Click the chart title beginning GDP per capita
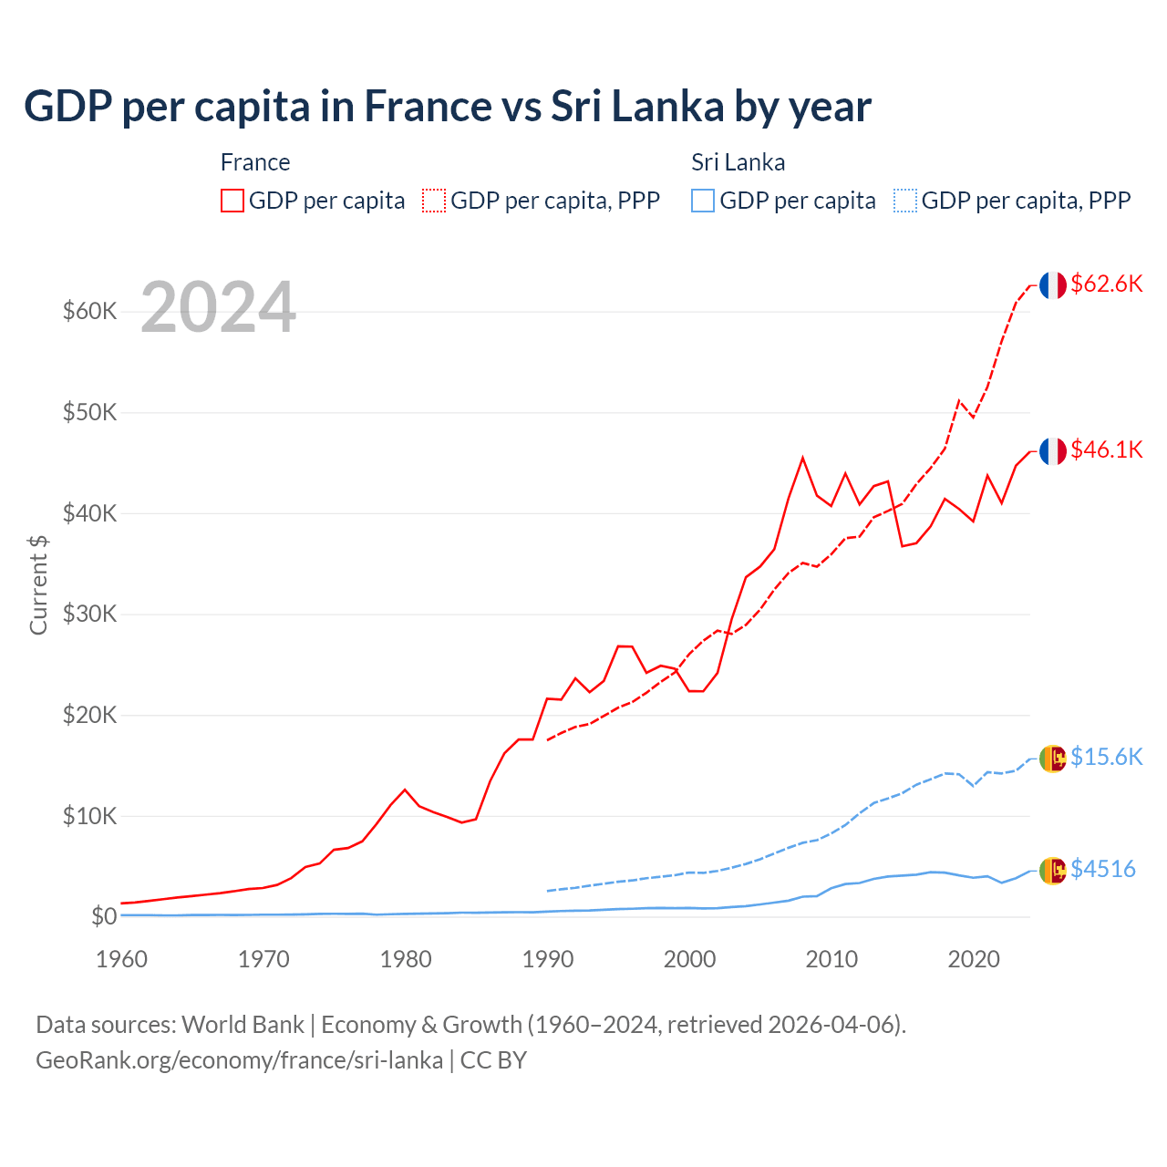pyautogui.click(x=447, y=106)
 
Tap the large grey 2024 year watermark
pyautogui.click(x=218, y=307)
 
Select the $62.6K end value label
pyautogui.click(x=1106, y=284)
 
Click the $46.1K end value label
pyautogui.click(x=1106, y=449)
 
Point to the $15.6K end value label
pyautogui.click(x=1106, y=757)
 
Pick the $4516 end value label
pyautogui.click(x=1102, y=869)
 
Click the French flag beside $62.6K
pyautogui.click(x=1052, y=284)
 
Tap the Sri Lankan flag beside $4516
pyautogui.click(x=1052, y=871)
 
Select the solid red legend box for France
pyautogui.click(x=232, y=201)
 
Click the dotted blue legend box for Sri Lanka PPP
pyautogui.click(x=905, y=201)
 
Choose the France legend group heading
pyautogui.click(x=255, y=162)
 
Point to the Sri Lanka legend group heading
pyautogui.click(x=738, y=162)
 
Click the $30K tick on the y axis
pyautogui.click(x=89, y=614)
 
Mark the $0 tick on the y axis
pyautogui.click(x=104, y=916)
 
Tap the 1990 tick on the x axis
pyautogui.click(x=548, y=959)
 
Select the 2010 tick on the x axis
pyautogui.click(x=831, y=959)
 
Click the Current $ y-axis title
pyautogui.click(x=38, y=584)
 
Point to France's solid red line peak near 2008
pyautogui.click(x=802, y=458)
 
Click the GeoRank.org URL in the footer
pyautogui.click(x=239, y=1060)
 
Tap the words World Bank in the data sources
pyautogui.click(x=243, y=1025)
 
